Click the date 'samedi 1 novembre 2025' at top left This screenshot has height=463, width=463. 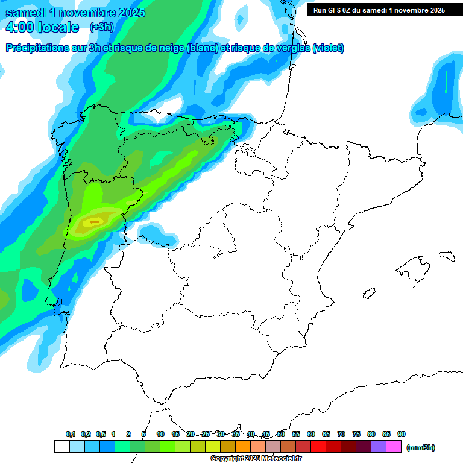click(x=75, y=13)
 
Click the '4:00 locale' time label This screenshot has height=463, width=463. click(x=42, y=27)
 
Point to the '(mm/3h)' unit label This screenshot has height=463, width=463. click(x=420, y=447)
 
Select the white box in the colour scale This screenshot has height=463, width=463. click(x=61, y=446)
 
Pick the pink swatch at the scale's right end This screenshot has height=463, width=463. click(x=394, y=446)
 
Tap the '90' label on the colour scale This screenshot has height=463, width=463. click(x=402, y=434)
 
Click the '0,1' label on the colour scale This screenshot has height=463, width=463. click(x=71, y=434)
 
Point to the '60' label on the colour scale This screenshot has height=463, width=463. click(x=311, y=434)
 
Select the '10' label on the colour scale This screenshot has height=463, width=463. click(x=160, y=434)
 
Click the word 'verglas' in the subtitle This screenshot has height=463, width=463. click(x=292, y=48)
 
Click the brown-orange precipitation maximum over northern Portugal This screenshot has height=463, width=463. click(x=93, y=222)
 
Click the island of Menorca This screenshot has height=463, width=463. click(x=447, y=256)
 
